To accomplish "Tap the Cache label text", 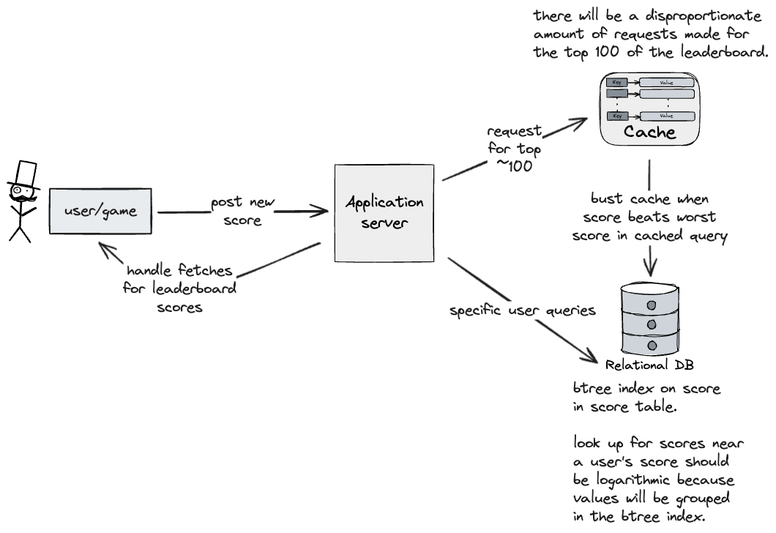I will point(649,133).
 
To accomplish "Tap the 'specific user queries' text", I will point(522,310).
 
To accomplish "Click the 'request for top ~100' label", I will point(515,149).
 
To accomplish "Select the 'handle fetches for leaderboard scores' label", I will point(180,288).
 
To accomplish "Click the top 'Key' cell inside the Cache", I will point(617,82).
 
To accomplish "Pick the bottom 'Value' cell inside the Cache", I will point(666,116).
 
